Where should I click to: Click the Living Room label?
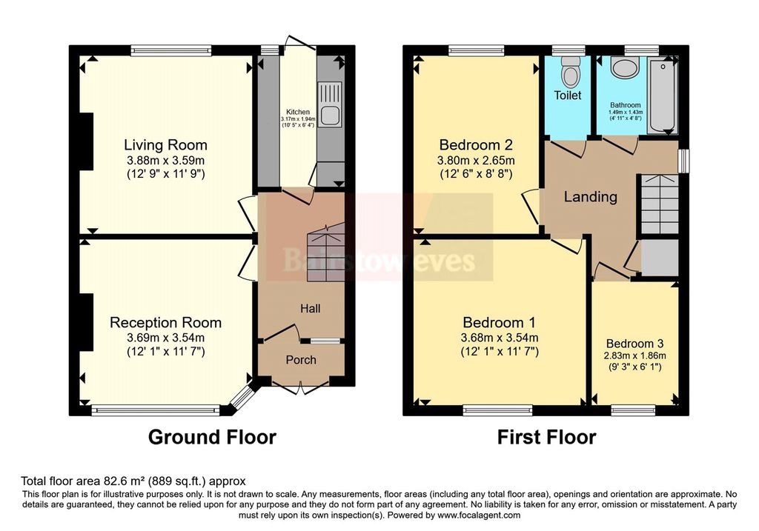165,144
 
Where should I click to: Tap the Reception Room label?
165,323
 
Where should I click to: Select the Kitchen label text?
298,112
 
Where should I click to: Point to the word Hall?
311,309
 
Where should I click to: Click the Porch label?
301,360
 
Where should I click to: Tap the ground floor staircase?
325,253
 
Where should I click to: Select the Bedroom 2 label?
476,144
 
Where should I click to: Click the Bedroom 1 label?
499,323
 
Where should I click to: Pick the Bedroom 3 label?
634,344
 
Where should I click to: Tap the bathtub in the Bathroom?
663,95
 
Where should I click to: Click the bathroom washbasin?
625,67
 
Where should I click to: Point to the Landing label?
591,197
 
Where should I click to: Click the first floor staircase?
659,204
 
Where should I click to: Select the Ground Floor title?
212,437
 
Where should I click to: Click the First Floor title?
546,437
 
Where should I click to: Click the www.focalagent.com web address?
479,515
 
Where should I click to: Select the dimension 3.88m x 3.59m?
165,161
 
